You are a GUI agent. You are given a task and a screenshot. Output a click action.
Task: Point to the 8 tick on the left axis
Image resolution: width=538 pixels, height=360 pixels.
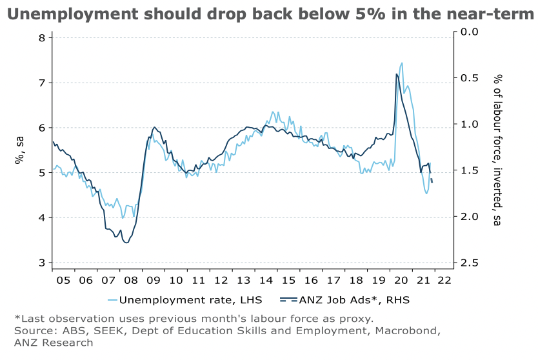tap(41, 37)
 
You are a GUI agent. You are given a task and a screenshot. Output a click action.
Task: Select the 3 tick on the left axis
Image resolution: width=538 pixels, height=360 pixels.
tap(41, 263)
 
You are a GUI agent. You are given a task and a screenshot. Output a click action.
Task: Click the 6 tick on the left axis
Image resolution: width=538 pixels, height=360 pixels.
tap(41, 128)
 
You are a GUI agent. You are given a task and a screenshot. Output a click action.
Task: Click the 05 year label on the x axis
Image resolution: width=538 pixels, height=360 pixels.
tap(63, 280)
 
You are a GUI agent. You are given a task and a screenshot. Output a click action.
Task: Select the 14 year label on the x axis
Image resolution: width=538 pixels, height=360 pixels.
tap(266, 280)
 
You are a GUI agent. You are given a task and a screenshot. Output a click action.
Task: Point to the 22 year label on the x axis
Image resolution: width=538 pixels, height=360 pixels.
tap(444, 280)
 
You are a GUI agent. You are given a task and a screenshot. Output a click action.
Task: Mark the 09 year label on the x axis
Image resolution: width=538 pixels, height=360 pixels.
tap(153, 280)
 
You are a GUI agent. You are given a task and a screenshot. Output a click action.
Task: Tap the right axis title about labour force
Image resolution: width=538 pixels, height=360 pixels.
tap(497, 150)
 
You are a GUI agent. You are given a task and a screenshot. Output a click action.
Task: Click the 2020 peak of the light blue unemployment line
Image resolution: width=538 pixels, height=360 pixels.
tap(402, 63)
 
